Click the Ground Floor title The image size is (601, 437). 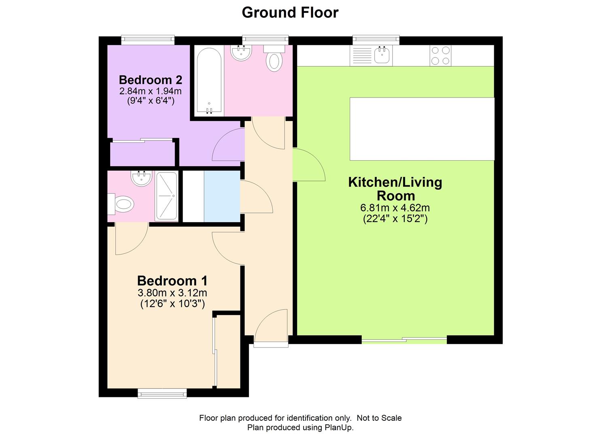click(x=290, y=13)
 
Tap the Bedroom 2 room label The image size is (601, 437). click(x=151, y=80)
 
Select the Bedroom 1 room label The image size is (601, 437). click(x=172, y=281)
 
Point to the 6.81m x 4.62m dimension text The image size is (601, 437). click(x=395, y=208)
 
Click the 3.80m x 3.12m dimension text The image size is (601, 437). click(x=172, y=293)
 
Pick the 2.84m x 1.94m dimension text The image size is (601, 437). click(x=151, y=91)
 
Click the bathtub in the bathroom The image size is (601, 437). click(x=209, y=81)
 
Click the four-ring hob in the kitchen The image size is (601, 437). click(x=440, y=55)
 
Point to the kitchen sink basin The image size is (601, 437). click(x=382, y=55)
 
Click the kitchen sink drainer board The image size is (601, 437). click(x=361, y=55)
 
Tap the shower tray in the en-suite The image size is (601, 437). click(x=166, y=196)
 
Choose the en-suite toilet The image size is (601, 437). click(x=121, y=204)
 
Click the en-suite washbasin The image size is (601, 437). click(x=141, y=178)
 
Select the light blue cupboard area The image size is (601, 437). click(x=222, y=196)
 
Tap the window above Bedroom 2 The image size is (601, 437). click(x=148, y=40)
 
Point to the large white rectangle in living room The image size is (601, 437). click(x=422, y=129)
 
